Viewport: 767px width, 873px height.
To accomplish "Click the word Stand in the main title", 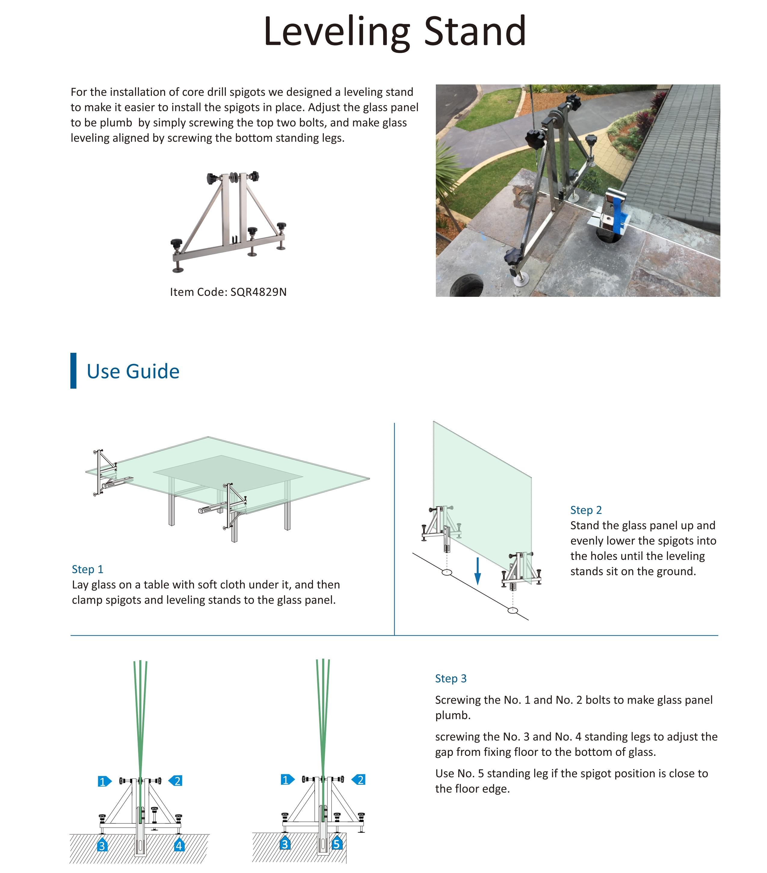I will [x=475, y=31].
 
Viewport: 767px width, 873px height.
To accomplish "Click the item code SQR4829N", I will [x=258, y=292].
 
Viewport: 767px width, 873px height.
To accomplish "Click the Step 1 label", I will [x=88, y=569].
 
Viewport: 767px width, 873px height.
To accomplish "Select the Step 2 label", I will [x=586, y=510].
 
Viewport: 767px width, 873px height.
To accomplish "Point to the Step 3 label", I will [x=451, y=679].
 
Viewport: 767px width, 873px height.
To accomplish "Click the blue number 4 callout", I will [x=179, y=845].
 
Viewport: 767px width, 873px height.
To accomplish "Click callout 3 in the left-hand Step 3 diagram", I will [x=102, y=845].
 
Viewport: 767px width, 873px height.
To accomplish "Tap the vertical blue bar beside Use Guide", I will [x=73, y=371].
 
